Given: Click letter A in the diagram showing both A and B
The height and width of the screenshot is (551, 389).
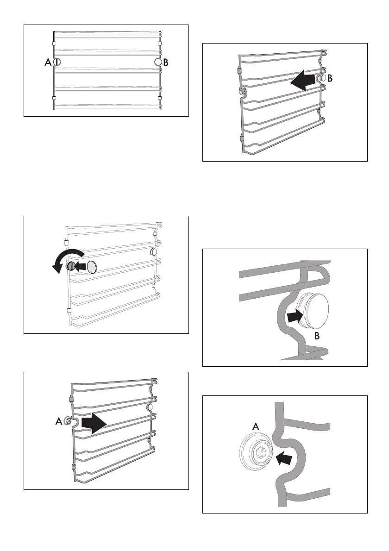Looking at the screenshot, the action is (x=47, y=62).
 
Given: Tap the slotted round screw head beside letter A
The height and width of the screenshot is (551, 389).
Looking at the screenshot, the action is (x=56, y=62).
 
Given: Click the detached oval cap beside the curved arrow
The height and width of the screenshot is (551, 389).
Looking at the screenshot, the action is (x=92, y=267).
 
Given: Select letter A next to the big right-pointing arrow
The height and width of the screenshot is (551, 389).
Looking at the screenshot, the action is (x=58, y=421).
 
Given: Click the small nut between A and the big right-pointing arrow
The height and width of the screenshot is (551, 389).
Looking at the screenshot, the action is (x=69, y=421).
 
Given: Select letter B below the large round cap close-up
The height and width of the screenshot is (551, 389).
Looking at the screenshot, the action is (x=316, y=337).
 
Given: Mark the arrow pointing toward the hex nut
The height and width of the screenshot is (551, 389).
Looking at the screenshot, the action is (x=284, y=458).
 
